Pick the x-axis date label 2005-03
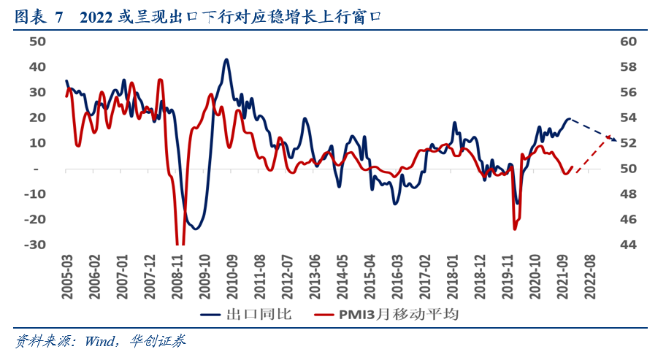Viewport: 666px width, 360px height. (x=66, y=275)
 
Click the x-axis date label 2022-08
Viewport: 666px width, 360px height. (x=589, y=275)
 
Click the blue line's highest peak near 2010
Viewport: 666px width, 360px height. (x=226, y=60)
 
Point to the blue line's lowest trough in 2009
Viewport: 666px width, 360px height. (x=195, y=229)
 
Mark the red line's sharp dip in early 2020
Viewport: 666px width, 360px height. (x=515, y=229)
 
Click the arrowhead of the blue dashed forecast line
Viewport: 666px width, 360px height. (x=615, y=139)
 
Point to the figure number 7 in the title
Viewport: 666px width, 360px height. (x=59, y=15)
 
